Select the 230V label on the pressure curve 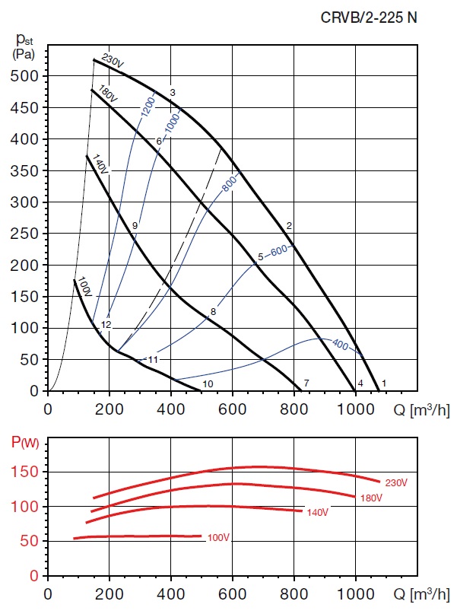pyautogui.click(x=113, y=59)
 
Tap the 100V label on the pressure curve pyautogui.click(x=84, y=287)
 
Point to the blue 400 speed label pyautogui.click(x=340, y=345)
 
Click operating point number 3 pyautogui.click(x=173, y=93)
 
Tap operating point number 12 pyautogui.click(x=106, y=325)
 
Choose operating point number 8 pyautogui.click(x=214, y=312)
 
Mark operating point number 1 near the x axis pyautogui.click(x=385, y=383)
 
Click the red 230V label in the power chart pyautogui.click(x=396, y=482)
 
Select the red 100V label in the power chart pyautogui.click(x=218, y=538)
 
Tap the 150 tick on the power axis pyautogui.click(x=29, y=472)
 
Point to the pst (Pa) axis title pyautogui.click(x=25, y=46)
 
